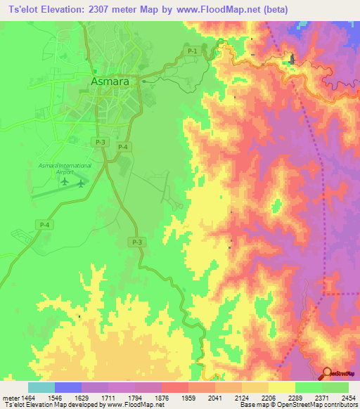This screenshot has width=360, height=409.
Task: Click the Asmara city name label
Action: [x=110, y=82]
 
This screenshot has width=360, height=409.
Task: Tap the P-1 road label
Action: [x=193, y=51]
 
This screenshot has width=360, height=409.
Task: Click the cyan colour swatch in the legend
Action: [x=41, y=387]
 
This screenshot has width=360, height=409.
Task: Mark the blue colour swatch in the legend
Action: [x=68, y=387]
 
